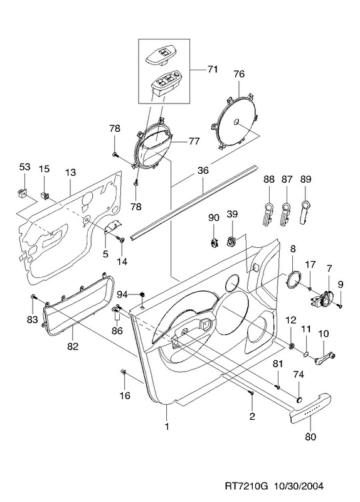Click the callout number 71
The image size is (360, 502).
[x=213, y=69]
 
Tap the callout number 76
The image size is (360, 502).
[x=239, y=74]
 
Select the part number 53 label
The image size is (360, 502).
[x=24, y=167]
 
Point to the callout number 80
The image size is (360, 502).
[x=310, y=436]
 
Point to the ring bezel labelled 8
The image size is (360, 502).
[x=294, y=279]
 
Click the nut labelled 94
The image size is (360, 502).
[x=143, y=294]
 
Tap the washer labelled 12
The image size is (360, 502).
[x=291, y=346]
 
